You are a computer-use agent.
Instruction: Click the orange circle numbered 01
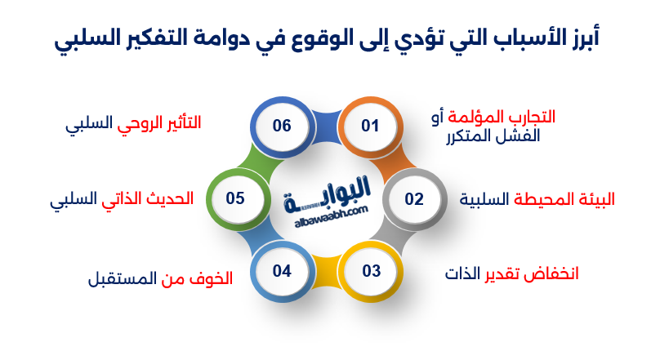(x=371, y=127)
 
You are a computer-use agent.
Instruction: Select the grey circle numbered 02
(x=414, y=199)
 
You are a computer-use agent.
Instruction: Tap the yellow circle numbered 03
(x=371, y=271)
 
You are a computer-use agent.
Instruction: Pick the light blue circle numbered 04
(x=282, y=271)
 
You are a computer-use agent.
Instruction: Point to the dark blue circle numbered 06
(x=282, y=127)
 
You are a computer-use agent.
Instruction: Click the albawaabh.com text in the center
(x=332, y=217)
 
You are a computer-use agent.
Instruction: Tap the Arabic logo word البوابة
(x=327, y=194)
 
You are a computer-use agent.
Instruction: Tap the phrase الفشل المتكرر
(x=493, y=136)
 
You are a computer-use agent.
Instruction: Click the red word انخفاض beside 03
(x=555, y=273)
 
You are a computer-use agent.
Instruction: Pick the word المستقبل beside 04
(x=122, y=278)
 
